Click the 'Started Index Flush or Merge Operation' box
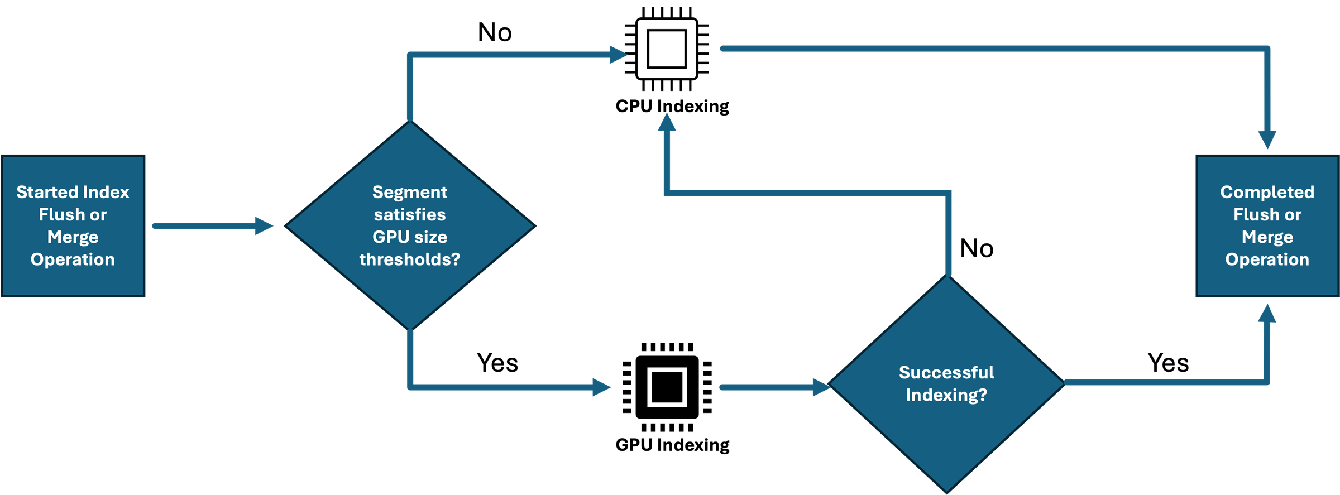pyautogui.click(x=73, y=226)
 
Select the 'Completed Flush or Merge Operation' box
pyautogui.click(x=1267, y=226)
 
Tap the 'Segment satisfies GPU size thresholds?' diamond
pyautogui.click(x=410, y=225)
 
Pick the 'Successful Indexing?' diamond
pyautogui.click(x=947, y=384)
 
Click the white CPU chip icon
pyautogui.click(x=667, y=49)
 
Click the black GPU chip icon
pyautogui.click(x=667, y=387)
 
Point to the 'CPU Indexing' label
pyautogui.click(x=672, y=106)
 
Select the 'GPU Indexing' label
pyautogui.click(x=672, y=445)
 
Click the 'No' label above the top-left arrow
pyautogui.click(x=495, y=32)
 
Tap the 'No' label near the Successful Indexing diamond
pyautogui.click(x=977, y=248)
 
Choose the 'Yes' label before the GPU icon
pyautogui.click(x=497, y=363)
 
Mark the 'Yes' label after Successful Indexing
pyautogui.click(x=1168, y=363)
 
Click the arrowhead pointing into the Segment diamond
pyautogui.click(x=264, y=226)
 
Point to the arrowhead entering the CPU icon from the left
pyautogui.click(x=619, y=55)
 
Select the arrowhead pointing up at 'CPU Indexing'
pyautogui.click(x=667, y=122)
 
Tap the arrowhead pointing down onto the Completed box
pyautogui.click(x=1267, y=140)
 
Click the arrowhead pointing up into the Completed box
pyautogui.click(x=1267, y=313)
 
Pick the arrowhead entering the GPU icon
pyautogui.click(x=602, y=387)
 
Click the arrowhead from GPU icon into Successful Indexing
pyautogui.click(x=822, y=387)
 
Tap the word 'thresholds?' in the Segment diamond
pyautogui.click(x=410, y=259)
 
